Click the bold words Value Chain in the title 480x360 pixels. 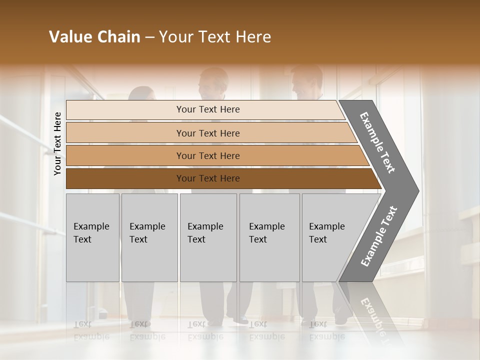[94, 37]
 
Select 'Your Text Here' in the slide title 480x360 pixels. [215, 37]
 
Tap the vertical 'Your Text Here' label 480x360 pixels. [57, 144]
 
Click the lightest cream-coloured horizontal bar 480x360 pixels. [205, 109]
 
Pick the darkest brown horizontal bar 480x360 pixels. [220, 178]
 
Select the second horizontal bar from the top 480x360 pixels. [210, 133]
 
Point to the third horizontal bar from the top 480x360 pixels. [215, 155]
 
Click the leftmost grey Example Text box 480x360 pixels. [92, 237]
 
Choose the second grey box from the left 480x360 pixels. [149, 237]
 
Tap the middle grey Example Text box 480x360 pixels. [208, 237]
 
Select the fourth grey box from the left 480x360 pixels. [269, 237]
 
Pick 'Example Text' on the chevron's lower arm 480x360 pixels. [379, 236]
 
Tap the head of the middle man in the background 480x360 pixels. [212, 82]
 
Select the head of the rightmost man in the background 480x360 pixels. [306, 81]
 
